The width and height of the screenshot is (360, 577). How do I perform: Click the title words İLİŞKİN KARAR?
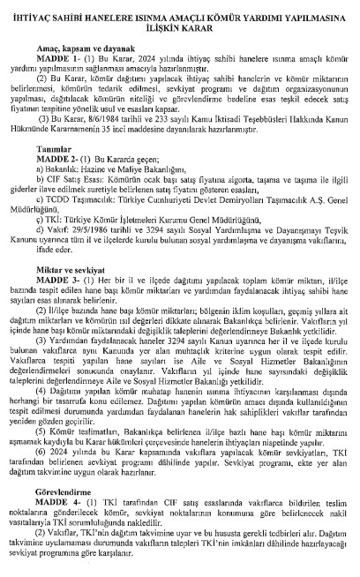[180, 26]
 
